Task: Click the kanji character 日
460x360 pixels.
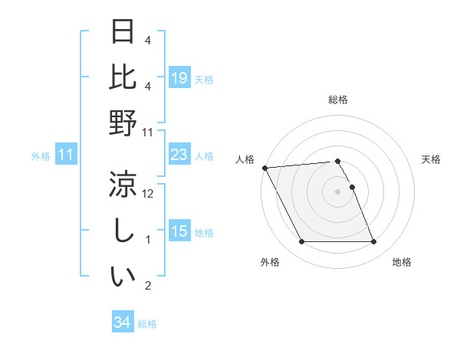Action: coord(123,32)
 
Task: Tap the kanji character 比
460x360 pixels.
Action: coord(123,77)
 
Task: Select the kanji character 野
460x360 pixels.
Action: coord(123,123)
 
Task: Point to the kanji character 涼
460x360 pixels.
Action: coord(123,185)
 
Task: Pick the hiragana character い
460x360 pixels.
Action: coord(123,277)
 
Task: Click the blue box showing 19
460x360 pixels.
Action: coord(179,78)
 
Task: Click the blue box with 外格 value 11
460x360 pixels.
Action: coord(66,155)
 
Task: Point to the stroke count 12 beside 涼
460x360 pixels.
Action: coord(149,194)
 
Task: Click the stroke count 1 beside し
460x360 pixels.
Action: coord(149,240)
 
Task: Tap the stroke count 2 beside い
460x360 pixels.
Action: coord(149,286)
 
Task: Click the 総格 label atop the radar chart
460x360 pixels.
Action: coord(338,100)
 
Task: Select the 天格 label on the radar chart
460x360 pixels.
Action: coord(431,159)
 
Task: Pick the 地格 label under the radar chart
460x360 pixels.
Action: coord(402,262)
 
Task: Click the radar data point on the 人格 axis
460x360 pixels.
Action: coord(264,168)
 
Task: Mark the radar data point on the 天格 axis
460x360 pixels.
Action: coord(352,187)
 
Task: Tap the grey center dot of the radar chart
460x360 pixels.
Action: coord(338,191)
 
